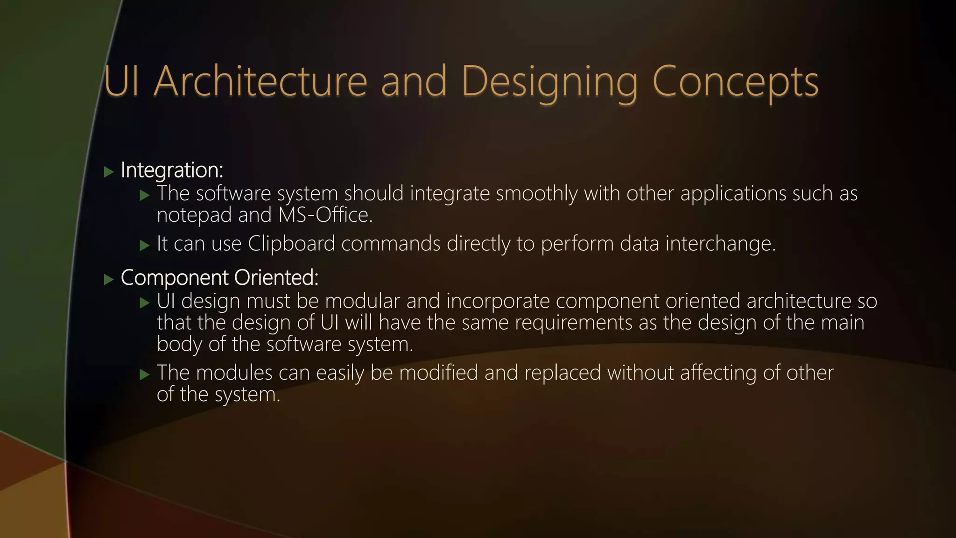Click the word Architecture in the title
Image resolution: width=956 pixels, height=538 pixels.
tap(260, 82)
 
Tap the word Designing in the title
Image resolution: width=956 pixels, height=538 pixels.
tap(549, 82)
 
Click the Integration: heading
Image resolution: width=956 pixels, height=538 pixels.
tap(172, 170)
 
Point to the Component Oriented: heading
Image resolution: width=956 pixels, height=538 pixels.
tap(219, 278)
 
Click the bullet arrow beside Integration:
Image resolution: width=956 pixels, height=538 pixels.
tap(109, 172)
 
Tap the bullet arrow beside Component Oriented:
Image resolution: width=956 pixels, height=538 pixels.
tap(109, 280)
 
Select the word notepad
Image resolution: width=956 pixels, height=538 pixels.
tap(194, 215)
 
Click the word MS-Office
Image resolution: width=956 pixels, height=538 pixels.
tap(325, 215)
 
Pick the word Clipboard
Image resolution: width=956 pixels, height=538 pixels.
tap(291, 243)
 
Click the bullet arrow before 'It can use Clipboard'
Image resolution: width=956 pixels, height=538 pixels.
tap(145, 245)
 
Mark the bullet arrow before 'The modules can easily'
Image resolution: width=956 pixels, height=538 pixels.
tap(145, 375)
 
